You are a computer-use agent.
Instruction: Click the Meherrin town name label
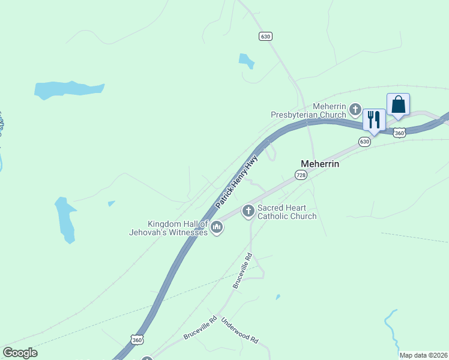point(320,163)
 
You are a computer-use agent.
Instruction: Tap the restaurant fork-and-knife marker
point(374,119)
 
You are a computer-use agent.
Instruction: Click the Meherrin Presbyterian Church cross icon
point(355,110)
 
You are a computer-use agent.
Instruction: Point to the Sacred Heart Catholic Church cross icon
point(248,211)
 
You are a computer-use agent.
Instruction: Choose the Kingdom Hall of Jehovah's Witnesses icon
point(217,227)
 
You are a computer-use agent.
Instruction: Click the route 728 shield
point(301,174)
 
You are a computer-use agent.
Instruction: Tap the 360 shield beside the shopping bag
point(400,131)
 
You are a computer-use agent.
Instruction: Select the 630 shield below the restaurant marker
point(364,142)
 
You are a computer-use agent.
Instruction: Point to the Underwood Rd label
point(240,331)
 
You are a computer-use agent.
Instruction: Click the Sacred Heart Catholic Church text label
point(287,212)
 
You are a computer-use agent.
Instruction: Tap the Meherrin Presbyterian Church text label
point(308,110)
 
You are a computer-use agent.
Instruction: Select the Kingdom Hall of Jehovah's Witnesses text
point(169,228)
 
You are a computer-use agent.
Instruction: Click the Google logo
point(20,353)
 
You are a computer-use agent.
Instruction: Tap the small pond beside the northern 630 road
point(247,60)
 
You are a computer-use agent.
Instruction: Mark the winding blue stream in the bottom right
point(391,329)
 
